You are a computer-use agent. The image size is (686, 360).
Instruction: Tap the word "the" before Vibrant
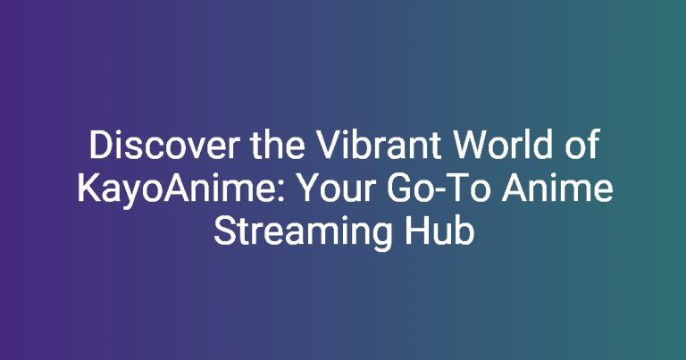(x=278, y=145)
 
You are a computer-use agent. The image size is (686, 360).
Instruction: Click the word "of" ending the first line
(x=581, y=145)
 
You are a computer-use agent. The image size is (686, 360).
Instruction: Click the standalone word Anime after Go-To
(x=557, y=188)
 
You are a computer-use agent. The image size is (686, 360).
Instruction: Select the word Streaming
(x=303, y=232)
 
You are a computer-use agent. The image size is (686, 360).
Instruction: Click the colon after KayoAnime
(x=280, y=192)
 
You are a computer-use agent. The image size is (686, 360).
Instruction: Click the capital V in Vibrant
(x=328, y=145)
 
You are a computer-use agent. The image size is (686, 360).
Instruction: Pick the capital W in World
(x=470, y=145)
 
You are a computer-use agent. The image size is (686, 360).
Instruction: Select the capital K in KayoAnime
(x=88, y=188)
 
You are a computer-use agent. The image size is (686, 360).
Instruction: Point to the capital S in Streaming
(x=224, y=232)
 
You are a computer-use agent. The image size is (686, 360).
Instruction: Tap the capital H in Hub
(x=415, y=232)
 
